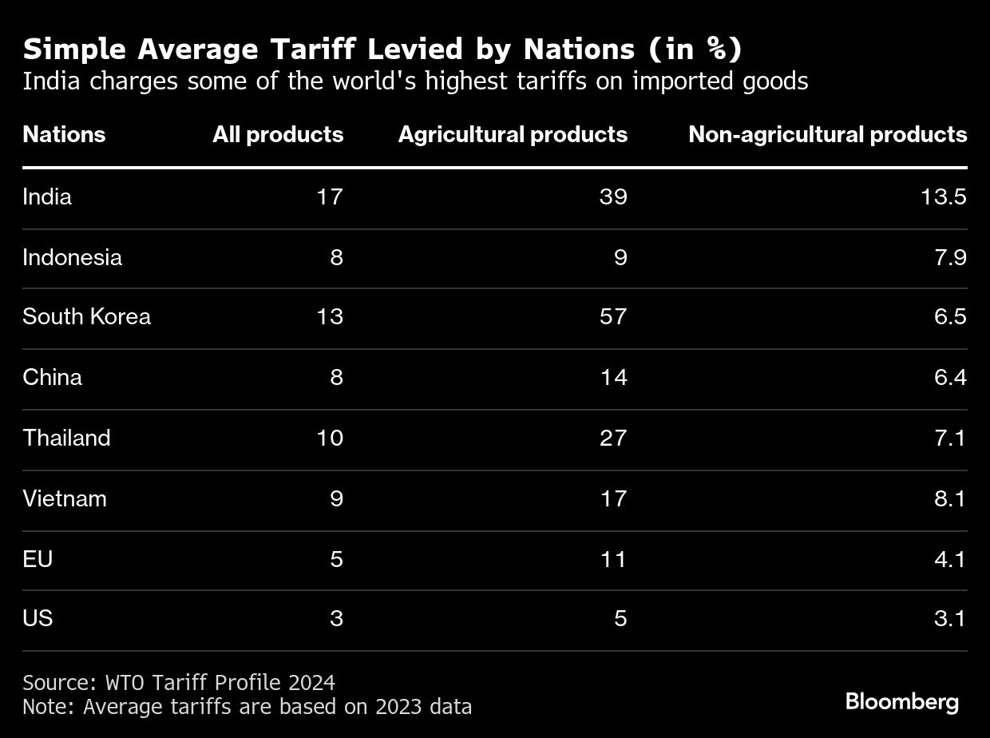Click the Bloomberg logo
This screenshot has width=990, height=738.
pos(902,702)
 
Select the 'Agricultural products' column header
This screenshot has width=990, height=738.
pos(513,134)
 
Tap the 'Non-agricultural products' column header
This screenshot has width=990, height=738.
pos(828,134)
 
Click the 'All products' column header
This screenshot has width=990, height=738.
pos(278,134)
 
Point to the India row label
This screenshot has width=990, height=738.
pos(47,196)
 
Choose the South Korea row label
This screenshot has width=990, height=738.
pos(86,316)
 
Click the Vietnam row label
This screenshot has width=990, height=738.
pos(65,498)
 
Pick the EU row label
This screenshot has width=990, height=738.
pos(38,559)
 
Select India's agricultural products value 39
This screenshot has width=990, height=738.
pos(613,196)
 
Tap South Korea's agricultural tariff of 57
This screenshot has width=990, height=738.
pos(613,316)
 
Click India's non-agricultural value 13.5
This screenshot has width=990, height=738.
pos(944,196)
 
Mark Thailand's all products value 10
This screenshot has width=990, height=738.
pos(329,438)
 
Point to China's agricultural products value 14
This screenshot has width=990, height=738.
pos(613,377)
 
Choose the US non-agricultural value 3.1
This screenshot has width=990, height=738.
pos(950,618)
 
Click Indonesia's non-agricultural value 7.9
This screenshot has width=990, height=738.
pos(950,257)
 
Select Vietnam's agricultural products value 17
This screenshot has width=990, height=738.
pos(613,498)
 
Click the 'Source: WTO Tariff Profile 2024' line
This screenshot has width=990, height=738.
pos(179,683)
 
